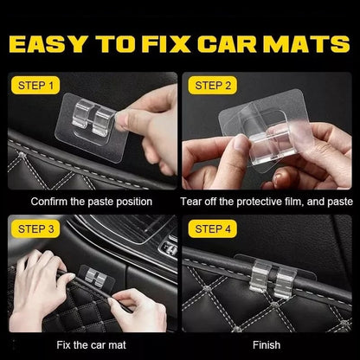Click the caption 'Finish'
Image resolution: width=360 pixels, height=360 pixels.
(267, 344)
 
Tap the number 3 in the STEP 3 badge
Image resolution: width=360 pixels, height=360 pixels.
(55, 229)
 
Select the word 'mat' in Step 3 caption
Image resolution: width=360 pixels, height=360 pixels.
(119, 344)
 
